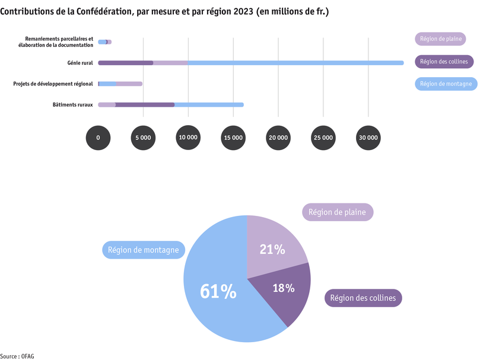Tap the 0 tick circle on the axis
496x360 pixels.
[98, 137]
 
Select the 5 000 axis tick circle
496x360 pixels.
[143, 137]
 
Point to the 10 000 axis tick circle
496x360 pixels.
[188, 137]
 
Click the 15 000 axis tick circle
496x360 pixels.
[233, 137]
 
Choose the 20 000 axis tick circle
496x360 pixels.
[278, 137]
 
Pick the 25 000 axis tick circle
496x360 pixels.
[323, 137]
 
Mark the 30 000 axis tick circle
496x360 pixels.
[368, 137]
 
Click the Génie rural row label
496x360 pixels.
[80, 63]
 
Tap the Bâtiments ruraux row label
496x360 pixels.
[73, 105]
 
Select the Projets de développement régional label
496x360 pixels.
[53, 84]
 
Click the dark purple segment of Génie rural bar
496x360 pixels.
[125, 63]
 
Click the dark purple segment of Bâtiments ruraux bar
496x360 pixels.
[145, 105]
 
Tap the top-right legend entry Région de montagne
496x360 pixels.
[446, 84]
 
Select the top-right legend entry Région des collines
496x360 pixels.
[443, 62]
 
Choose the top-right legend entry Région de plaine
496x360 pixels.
[440, 39]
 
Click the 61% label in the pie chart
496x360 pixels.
[218, 291]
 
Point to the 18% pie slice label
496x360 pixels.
[283, 288]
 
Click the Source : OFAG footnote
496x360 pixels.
[21, 356]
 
